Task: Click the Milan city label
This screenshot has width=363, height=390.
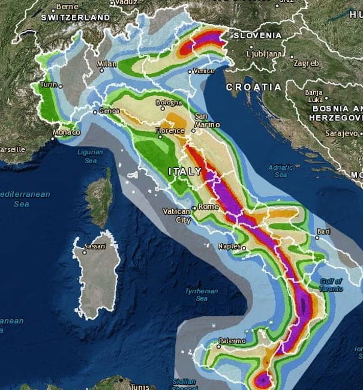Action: [106, 64]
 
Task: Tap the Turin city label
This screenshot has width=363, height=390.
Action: [48, 85]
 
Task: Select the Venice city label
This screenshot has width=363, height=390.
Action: [204, 71]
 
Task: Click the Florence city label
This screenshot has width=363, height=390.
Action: [170, 130]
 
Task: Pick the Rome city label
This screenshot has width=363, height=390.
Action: [208, 207]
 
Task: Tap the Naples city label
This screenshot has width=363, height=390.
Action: [229, 246]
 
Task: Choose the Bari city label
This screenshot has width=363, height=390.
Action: [324, 230]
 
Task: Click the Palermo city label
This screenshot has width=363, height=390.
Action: [232, 341]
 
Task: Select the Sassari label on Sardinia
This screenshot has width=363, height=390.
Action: [95, 246]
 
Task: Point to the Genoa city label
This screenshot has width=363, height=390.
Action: [109, 111]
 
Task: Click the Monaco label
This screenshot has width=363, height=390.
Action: [66, 132]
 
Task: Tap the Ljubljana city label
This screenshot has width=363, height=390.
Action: [264, 53]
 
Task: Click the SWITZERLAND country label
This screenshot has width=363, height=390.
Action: [76, 17]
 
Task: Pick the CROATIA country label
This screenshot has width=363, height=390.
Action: [254, 87]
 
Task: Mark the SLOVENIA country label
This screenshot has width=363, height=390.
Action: [257, 35]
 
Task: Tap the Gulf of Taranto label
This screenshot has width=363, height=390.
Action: [331, 284]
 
